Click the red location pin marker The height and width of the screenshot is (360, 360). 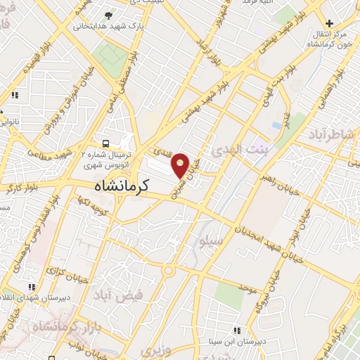pyautogui.click(x=181, y=165)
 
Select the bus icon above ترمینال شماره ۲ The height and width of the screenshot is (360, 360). pyautogui.click(x=105, y=141)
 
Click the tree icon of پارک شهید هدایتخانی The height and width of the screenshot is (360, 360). pyautogui.click(x=108, y=15)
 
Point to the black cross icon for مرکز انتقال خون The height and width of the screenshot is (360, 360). pyautogui.click(x=328, y=23)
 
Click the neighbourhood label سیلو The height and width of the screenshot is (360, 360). pyautogui.click(x=212, y=241)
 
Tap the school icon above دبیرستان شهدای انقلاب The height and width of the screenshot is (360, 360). pyautogui.click(x=31, y=287)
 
